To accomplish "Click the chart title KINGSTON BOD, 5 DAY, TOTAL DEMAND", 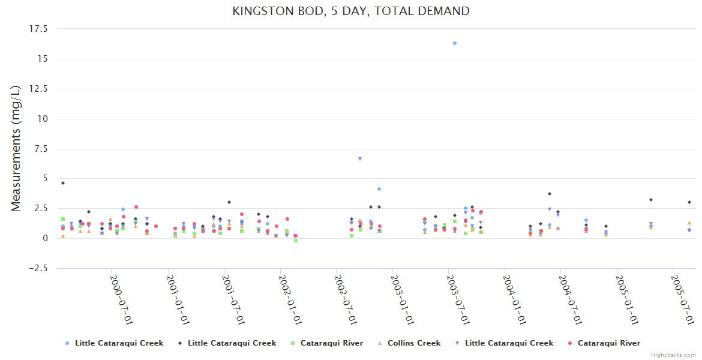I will click(351, 11).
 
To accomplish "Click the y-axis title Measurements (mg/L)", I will click(16, 148).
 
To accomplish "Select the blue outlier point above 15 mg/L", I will click(455, 43).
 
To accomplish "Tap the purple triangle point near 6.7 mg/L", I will click(360, 159).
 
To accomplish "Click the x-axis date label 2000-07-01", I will click(121, 300).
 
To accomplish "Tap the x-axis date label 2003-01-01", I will click(401, 300).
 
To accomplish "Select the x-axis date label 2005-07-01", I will click(682, 300).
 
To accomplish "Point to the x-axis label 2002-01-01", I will click(289, 300).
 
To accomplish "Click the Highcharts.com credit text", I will click(674, 355).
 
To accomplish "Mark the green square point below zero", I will click(296, 241).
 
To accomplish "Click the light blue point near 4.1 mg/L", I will click(379, 189).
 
